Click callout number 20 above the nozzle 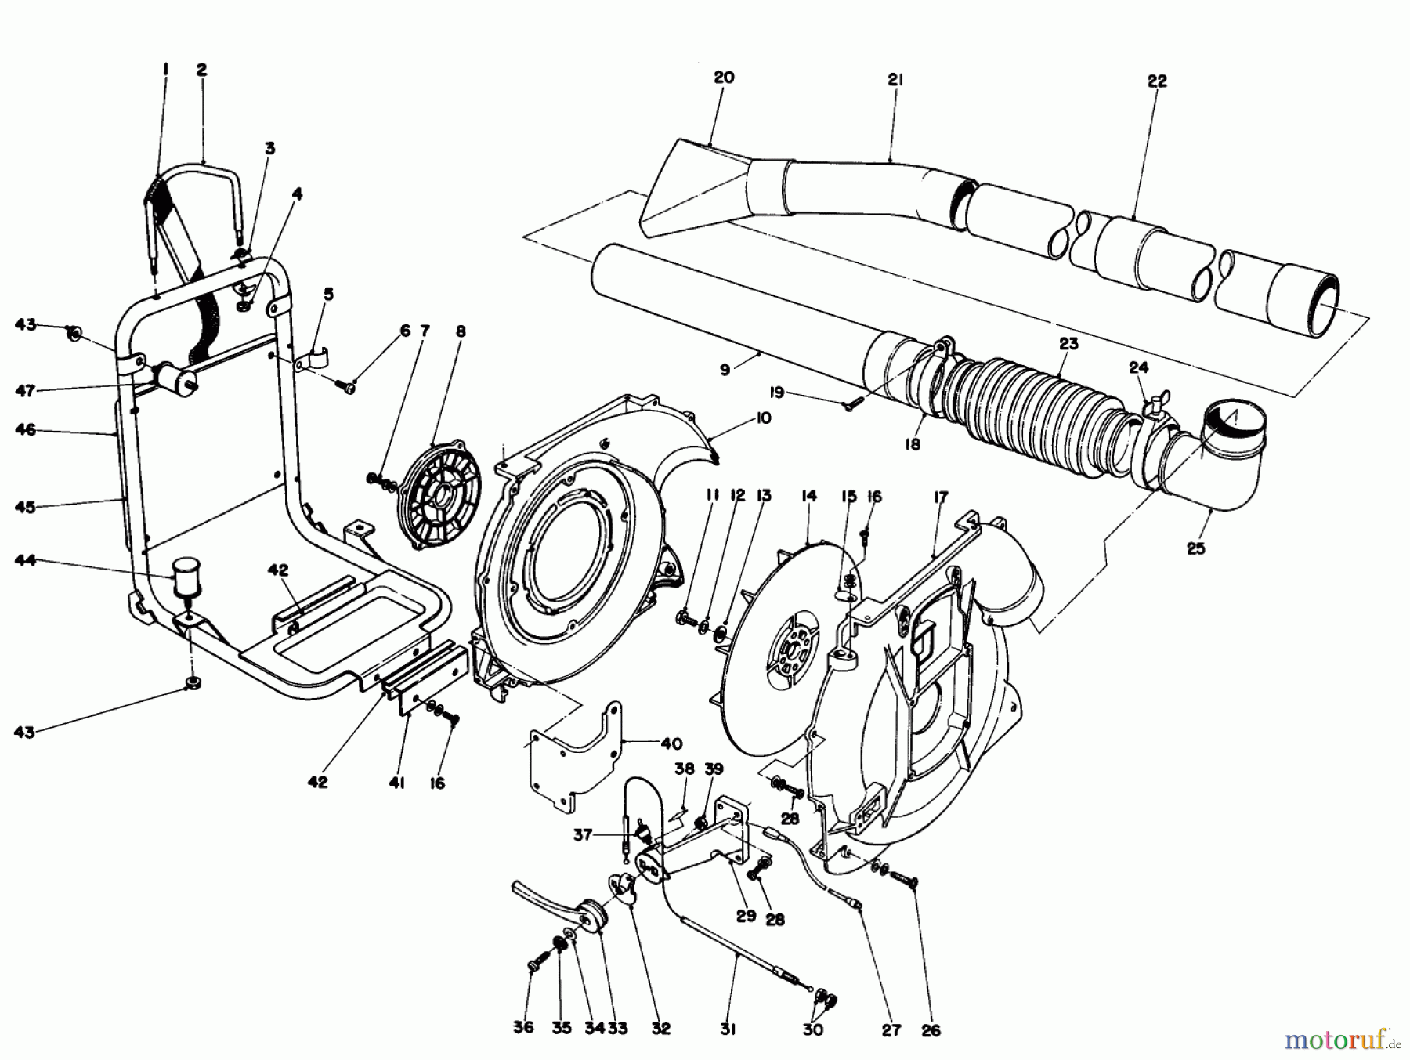[x=724, y=78]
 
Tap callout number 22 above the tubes [x=1156, y=81]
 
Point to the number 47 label [x=26, y=389]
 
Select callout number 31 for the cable [x=728, y=1029]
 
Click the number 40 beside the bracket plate [x=671, y=743]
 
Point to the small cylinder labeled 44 [x=186, y=576]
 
